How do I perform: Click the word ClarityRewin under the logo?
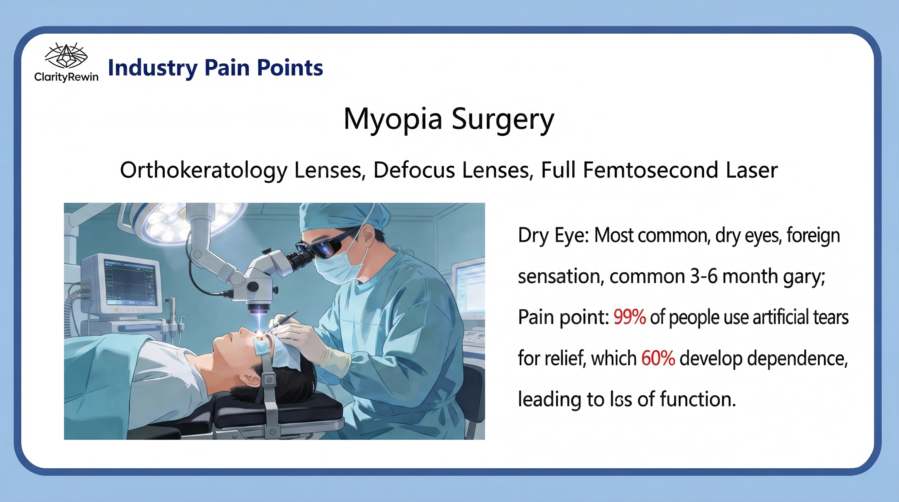point(66,77)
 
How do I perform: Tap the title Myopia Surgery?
point(449,119)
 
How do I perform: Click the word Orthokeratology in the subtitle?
point(204,170)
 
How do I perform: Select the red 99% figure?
point(629,317)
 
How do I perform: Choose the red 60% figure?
point(658,358)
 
